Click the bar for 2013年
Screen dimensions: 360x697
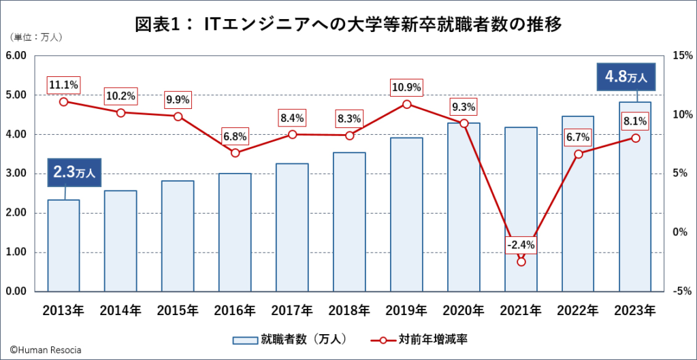[63, 246]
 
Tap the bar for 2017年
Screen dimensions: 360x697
[292, 227]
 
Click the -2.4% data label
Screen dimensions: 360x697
[521, 244]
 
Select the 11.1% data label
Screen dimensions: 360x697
[63, 85]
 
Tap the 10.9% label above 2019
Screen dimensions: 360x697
[406, 87]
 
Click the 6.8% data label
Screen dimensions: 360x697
[235, 136]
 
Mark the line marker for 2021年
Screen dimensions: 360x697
[521, 261]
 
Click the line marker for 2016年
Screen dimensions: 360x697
[235, 152]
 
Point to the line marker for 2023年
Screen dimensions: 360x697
[635, 138]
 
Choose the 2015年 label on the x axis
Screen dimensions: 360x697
[178, 311]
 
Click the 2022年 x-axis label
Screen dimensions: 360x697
[578, 311]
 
